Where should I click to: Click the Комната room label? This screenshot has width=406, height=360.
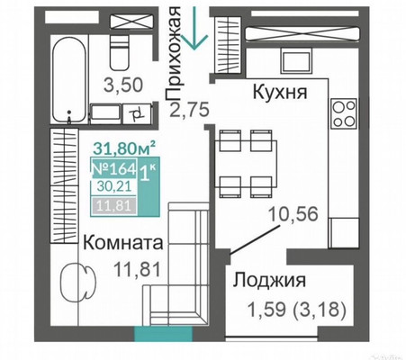(x=124, y=242)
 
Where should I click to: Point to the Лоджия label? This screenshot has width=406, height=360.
(x=274, y=280)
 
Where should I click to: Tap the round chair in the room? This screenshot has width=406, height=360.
(x=74, y=282)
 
